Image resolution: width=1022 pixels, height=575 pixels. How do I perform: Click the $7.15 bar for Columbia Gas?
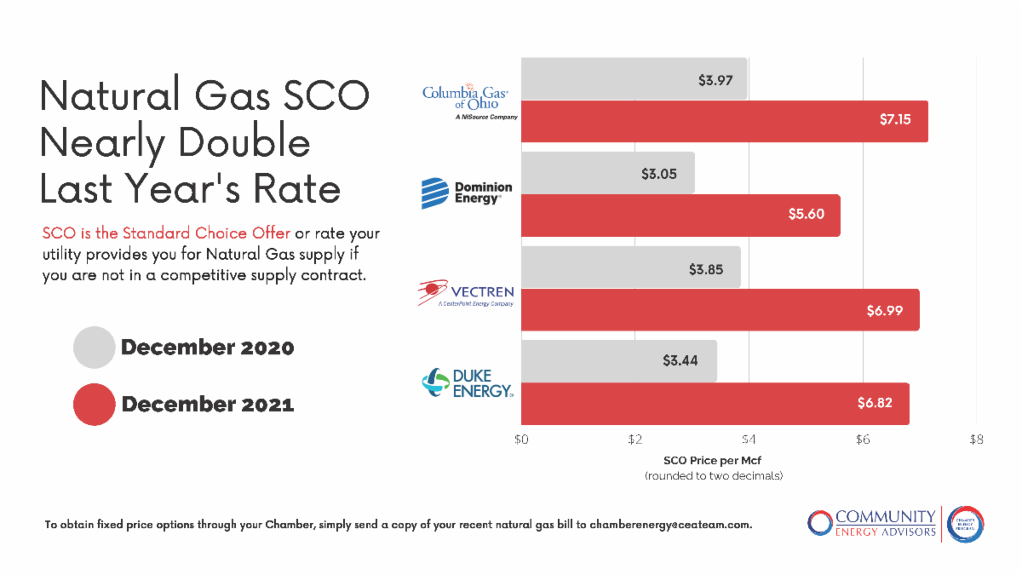click(x=724, y=121)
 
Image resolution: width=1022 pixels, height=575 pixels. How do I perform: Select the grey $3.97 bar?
click(x=634, y=78)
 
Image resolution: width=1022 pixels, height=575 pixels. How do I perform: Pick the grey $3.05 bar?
click(x=607, y=173)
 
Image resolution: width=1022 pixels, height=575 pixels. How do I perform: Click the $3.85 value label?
click(x=706, y=267)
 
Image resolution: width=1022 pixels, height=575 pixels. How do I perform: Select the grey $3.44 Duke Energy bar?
click(x=618, y=361)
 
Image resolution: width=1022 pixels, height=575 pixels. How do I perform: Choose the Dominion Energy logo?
click(x=467, y=193)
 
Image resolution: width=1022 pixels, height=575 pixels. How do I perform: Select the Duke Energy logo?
click(x=468, y=383)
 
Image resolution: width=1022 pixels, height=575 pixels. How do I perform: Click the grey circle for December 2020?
click(x=94, y=348)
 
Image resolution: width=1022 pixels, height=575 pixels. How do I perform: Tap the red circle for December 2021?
click(x=94, y=404)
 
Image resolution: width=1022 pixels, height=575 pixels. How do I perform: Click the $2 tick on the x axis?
click(x=635, y=440)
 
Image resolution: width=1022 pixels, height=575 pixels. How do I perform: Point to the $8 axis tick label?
click(x=976, y=440)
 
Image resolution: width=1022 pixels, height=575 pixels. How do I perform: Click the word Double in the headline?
click(x=244, y=142)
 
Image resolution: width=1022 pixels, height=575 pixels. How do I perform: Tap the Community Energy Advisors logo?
click(x=895, y=523)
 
